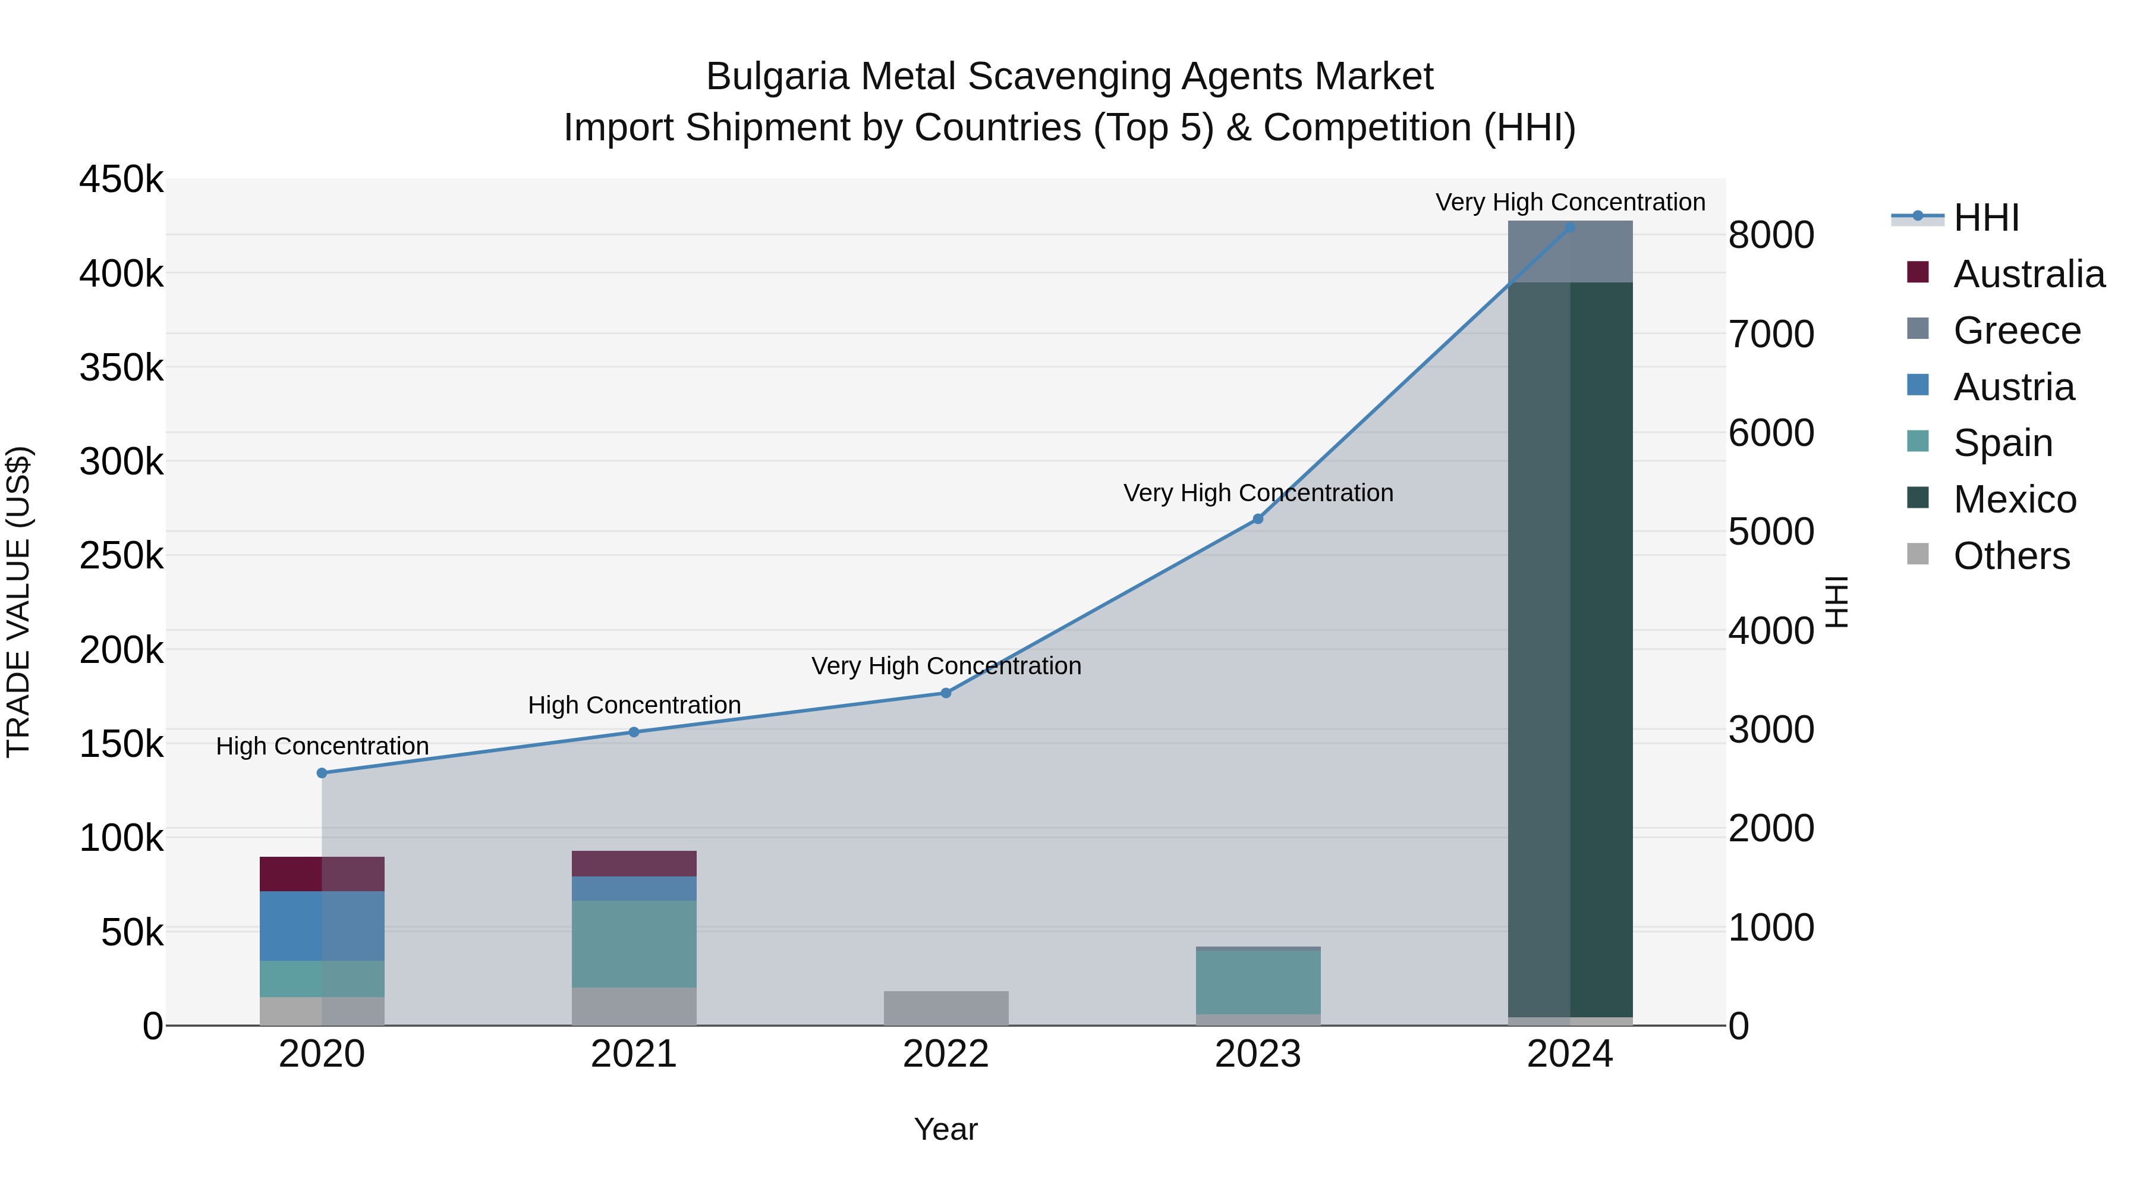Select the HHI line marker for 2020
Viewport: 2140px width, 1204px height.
322,773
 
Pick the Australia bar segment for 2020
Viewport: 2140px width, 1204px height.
322,873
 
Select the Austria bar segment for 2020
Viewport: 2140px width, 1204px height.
322,926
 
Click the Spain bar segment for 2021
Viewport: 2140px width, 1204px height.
634,944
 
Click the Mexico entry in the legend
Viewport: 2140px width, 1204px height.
2015,499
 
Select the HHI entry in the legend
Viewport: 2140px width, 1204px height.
1985,218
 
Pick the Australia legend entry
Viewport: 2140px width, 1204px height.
2028,274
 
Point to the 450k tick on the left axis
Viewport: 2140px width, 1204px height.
121,180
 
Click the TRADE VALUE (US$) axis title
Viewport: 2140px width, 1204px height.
18,602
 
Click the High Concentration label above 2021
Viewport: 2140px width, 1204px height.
634,705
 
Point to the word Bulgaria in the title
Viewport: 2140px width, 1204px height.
777,77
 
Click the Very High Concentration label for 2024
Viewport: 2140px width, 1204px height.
1569,202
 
